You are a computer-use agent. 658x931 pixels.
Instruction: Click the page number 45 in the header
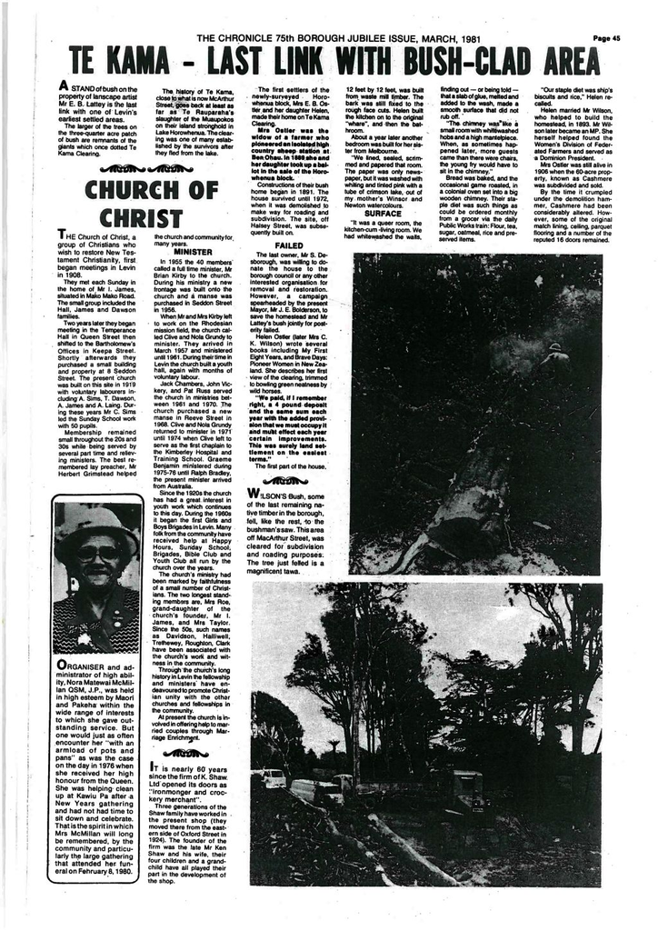[606, 38]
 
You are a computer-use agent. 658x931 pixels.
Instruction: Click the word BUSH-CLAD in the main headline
[462, 62]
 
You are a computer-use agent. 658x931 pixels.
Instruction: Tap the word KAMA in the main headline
[151, 62]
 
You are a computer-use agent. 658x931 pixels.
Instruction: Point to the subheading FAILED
[288, 245]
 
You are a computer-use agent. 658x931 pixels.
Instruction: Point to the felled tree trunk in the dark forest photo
[454, 509]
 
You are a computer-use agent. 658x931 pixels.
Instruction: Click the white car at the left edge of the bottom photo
[271, 778]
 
